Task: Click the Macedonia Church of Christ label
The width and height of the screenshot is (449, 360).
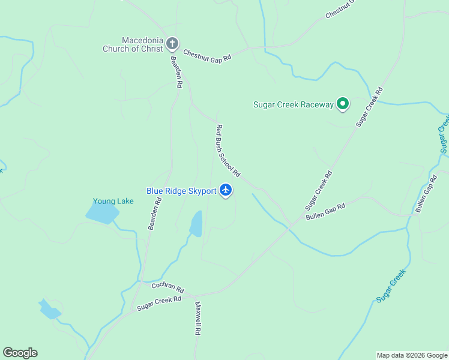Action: pos(133,44)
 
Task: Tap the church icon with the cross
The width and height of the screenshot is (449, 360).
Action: pos(172,43)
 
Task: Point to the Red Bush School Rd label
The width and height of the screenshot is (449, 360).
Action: pos(228,151)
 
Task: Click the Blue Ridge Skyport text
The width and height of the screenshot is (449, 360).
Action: pos(181,191)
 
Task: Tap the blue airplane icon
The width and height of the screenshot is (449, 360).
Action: pos(226,190)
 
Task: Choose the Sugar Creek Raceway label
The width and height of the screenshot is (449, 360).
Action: pos(293,104)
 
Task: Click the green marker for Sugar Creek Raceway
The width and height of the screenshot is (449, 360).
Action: pos(343,104)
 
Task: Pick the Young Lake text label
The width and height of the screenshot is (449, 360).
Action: pos(113,201)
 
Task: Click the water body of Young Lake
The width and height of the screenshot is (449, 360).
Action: pos(102,212)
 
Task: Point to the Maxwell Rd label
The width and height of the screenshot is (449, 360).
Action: pos(197,318)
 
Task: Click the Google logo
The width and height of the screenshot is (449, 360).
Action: pos(20,353)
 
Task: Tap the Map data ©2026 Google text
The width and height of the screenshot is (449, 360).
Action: pos(412,355)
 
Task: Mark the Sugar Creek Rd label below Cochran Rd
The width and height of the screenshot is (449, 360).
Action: pos(159,303)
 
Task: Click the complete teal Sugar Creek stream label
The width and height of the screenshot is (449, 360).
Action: pos(391,286)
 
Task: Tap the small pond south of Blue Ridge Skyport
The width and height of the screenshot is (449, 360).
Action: pos(196,224)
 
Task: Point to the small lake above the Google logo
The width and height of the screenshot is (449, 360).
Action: pos(49,310)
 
